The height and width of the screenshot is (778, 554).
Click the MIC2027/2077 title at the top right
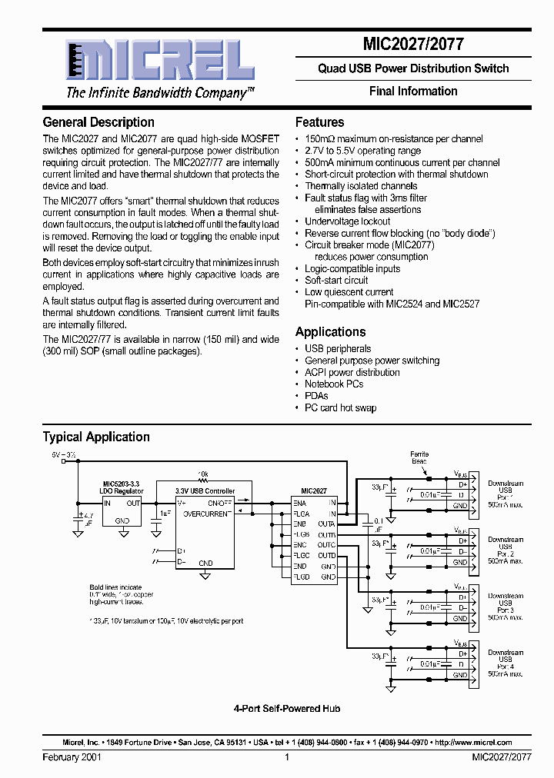[412, 45]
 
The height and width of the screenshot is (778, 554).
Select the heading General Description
[98, 122]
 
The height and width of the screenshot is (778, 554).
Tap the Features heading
[319, 122]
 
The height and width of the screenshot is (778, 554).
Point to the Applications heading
[330, 332]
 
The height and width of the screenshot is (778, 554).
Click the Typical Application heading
[96, 437]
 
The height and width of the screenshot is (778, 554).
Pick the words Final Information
[413, 91]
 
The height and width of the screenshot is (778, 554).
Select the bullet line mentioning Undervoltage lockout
[349, 221]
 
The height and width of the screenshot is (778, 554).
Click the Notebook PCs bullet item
[334, 384]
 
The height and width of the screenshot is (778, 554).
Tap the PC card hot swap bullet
[340, 407]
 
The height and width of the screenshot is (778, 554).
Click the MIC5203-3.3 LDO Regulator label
[121, 487]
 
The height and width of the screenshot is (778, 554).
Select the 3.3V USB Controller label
[205, 490]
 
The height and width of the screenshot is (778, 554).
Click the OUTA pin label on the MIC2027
[326, 524]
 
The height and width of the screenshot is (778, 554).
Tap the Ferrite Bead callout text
[419, 457]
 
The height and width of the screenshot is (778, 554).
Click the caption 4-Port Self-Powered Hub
[286, 709]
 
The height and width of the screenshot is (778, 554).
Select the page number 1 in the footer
[286, 757]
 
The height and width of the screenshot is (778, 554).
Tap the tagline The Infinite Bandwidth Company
[159, 93]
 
